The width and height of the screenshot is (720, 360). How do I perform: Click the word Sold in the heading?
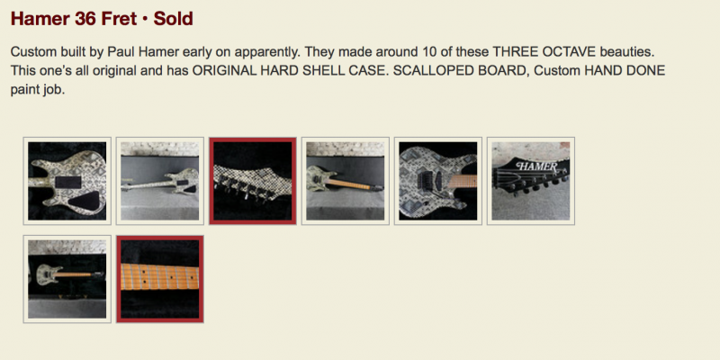coord(173,19)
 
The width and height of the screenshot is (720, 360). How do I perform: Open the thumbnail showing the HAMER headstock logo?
coord(531,181)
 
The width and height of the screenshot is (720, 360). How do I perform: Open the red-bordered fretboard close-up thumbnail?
coord(160,279)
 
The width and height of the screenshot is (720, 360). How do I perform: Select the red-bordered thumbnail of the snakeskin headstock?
coord(253,181)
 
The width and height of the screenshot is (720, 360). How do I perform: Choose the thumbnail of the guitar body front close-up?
coord(438,181)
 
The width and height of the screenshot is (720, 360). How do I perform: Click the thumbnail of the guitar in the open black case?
coord(67,279)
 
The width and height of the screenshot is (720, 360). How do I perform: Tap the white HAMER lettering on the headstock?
coord(536,166)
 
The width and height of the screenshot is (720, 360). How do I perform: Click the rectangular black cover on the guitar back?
coord(68,182)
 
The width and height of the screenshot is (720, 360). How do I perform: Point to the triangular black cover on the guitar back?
coord(87,200)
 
